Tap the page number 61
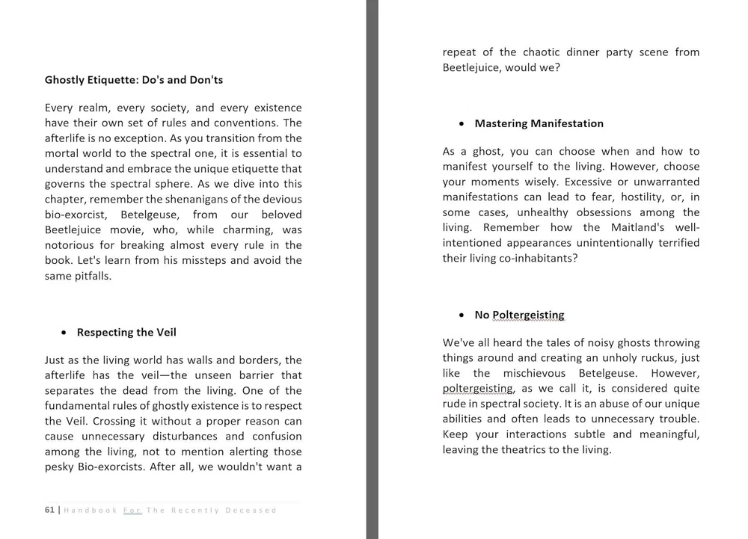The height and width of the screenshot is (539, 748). click(49, 510)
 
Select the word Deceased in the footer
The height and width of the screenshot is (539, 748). click(253, 510)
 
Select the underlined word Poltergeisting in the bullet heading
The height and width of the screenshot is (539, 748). click(528, 315)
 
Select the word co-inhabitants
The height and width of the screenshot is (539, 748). click(534, 258)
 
